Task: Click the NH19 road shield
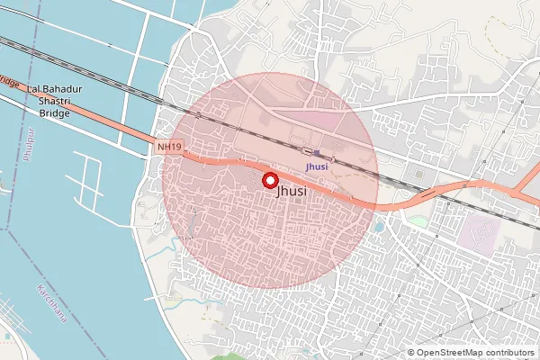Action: tap(167, 146)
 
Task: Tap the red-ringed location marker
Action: tap(269, 180)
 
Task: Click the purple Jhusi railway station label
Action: tap(316, 166)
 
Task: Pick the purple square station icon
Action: tap(317, 153)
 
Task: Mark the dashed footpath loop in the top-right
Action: tap(508, 45)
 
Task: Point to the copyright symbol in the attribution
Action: tap(410, 352)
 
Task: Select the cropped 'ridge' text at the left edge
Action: tap(9, 81)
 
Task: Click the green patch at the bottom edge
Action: tap(230, 356)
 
